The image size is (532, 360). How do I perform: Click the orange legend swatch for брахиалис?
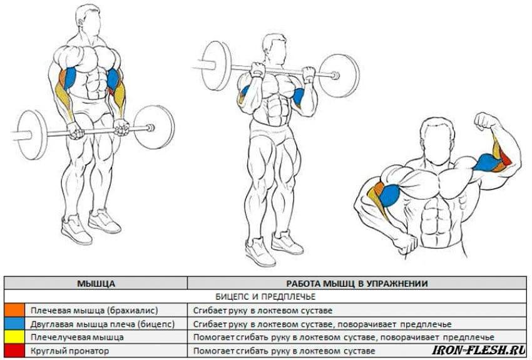click(x=14, y=310)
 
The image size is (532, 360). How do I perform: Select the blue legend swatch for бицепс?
click(x=14, y=324)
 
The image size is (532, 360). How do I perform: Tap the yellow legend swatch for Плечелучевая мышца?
click(x=14, y=337)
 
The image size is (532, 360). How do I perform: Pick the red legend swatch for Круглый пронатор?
click(x=14, y=351)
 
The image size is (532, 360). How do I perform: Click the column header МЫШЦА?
click(x=96, y=284)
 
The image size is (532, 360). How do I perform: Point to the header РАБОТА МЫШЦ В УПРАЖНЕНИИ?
click(x=357, y=284)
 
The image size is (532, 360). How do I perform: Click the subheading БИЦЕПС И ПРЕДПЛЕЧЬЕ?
click(x=265, y=297)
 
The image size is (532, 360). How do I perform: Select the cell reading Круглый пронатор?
click(x=69, y=351)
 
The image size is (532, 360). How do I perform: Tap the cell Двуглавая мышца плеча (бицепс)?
click(x=103, y=324)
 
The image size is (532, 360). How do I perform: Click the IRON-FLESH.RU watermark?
click(x=479, y=350)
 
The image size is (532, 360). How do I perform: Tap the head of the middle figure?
click(x=274, y=48)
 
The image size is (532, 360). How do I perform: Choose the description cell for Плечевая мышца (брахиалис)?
click(x=263, y=311)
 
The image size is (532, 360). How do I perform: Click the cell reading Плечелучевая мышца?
click(x=77, y=337)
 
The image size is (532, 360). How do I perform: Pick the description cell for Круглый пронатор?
click(x=284, y=351)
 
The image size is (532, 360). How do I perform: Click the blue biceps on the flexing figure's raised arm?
click(x=486, y=162)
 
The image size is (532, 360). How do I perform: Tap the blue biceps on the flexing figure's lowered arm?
click(x=389, y=196)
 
